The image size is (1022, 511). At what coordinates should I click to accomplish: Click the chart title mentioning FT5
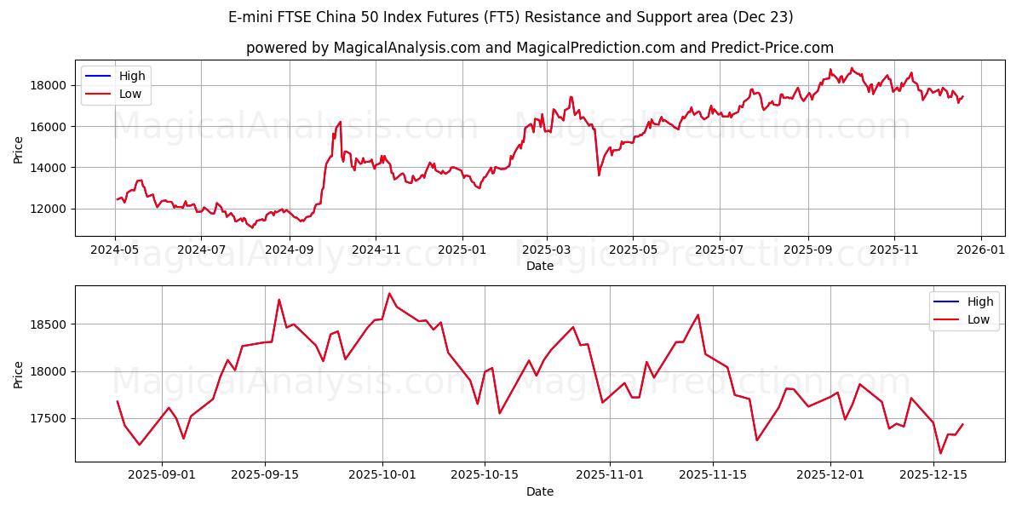(x=511, y=17)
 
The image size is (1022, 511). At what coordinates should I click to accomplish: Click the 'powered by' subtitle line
(x=540, y=48)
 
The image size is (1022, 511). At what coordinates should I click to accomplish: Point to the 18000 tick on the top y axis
(x=49, y=85)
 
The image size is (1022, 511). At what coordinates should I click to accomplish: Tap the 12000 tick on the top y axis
(x=49, y=209)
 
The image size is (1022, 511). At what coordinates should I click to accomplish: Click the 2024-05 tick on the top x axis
(x=115, y=250)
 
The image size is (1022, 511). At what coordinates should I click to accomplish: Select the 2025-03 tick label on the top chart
(x=546, y=250)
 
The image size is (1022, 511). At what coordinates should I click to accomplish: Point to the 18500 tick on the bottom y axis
(x=49, y=324)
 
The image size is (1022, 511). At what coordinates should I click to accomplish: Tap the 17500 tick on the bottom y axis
(x=49, y=419)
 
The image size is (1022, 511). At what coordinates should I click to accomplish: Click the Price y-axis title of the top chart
(x=19, y=150)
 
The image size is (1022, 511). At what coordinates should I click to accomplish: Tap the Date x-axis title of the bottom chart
(x=540, y=491)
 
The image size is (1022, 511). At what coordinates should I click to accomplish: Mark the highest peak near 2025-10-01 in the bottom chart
(x=389, y=294)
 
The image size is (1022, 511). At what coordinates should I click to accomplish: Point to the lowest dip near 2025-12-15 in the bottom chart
(x=940, y=453)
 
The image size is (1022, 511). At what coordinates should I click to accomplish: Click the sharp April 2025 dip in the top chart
(x=599, y=175)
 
